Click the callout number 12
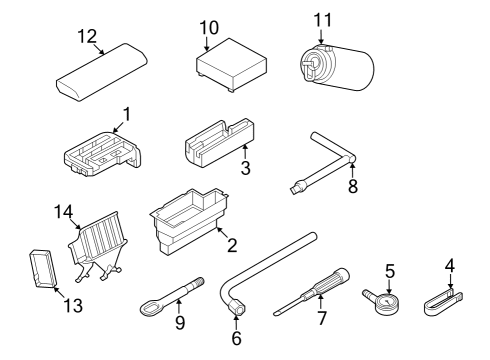87,36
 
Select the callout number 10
209,28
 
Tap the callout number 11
323,20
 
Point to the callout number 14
63,212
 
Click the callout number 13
73,305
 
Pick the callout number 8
353,186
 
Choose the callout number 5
390,271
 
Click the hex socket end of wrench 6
236,307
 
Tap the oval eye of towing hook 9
149,307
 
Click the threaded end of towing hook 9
198,282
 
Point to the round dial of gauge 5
387,303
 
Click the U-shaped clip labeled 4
443,303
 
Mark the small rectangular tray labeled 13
43,268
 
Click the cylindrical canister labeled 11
336,67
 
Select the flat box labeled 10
231,65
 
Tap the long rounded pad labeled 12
102,72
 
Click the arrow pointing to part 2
222,232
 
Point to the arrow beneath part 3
245,152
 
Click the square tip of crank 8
295,190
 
